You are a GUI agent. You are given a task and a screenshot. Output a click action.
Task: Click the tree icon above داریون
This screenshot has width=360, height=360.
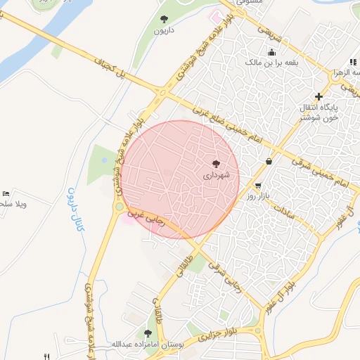(x=164, y=19)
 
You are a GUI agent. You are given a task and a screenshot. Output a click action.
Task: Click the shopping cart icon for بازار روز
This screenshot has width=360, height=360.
(x=259, y=186)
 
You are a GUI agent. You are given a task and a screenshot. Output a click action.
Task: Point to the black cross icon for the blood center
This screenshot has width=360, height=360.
(x=319, y=96)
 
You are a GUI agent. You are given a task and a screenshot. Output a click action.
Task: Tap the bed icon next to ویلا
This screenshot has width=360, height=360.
(x=6, y=193)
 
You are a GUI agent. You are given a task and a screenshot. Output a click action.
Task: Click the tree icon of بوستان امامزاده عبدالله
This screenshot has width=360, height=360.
(x=148, y=333)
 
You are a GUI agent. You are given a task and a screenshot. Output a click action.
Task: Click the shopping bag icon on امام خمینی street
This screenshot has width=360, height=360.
(x=269, y=161)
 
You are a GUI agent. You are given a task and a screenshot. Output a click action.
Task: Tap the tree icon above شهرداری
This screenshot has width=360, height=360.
(x=215, y=163)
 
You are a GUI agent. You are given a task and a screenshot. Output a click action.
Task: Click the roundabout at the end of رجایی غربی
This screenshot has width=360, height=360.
(x=120, y=206)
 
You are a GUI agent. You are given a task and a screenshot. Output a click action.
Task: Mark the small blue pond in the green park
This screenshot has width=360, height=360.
(x=105, y=160)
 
